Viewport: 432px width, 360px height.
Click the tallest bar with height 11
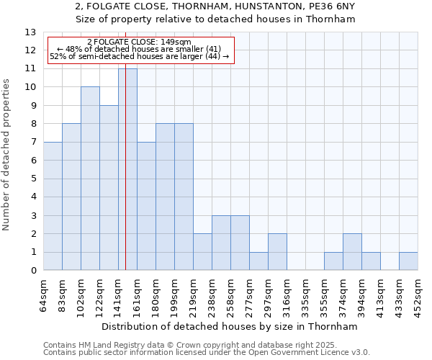(127, 169)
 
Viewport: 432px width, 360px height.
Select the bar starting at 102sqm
(90, 179)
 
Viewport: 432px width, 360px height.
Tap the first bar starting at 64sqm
(53, 206)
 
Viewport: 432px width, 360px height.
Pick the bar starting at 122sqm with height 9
(109, 188)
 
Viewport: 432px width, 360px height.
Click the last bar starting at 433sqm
(408, 261)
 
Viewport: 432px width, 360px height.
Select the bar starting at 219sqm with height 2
(202, 252)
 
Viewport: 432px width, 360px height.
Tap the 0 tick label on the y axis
(33, 271)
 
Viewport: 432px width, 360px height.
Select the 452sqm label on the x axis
(418, 294)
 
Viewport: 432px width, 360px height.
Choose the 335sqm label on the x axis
(306, 294)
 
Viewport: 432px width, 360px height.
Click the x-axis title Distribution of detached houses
(230, 326)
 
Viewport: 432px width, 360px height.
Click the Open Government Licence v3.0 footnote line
(207, 352)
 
